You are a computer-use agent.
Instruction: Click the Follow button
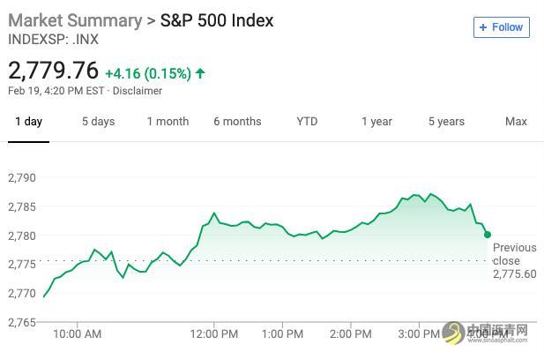(x=501, y=27)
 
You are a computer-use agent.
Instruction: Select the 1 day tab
(x=28, y=121)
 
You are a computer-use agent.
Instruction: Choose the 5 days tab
(x=98, y=121)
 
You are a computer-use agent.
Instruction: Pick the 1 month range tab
(x=168, y=121)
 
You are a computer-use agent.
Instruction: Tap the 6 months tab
(x=237, y=121)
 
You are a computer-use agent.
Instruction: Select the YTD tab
(x=307, y=121)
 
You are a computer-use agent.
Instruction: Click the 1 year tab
(x=376, y=121)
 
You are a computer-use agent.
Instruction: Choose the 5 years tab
(x=446, y=121)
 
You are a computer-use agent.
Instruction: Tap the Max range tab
(x=516, y=121)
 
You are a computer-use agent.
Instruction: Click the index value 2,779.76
(x=54, y=70)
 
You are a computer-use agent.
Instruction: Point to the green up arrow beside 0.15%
(x=201, y=72)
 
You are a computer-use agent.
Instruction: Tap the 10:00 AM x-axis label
(x=78, y=334)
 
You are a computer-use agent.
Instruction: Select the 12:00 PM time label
(x=214, y=334)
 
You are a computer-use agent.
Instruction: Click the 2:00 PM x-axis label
(x=351, y=334)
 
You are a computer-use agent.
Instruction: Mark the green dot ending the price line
(x=488, y=235)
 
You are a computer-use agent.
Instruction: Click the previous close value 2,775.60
(x=514, y=274)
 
